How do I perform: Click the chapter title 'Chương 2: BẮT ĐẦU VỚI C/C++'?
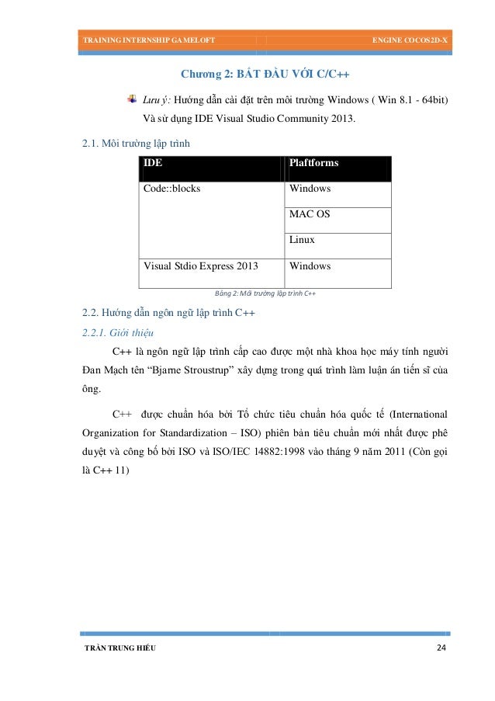265,75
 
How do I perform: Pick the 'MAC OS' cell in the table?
309,214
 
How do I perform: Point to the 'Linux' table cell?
302,240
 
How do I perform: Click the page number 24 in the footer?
442,647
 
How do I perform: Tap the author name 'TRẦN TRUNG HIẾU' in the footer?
119,648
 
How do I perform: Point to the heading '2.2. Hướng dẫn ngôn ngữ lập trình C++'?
168,314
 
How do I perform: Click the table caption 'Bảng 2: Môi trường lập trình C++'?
258,293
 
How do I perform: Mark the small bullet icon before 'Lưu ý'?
131,100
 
